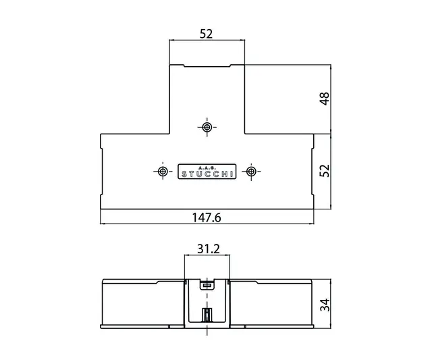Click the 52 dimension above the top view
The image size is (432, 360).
click(207, 34)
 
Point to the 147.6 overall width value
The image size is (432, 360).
click(208, 218)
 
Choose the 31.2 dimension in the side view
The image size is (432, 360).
click(207, 249)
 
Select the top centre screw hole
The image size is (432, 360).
click(207, 126)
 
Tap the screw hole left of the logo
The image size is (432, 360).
click(163, 172)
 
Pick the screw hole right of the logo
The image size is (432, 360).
click(251, 172)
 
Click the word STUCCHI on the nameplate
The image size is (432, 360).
click(207, 174)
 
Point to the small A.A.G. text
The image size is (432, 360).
click(207, 167)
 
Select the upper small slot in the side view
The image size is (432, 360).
click(207, 286)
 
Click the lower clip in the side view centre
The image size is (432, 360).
click(207, 315)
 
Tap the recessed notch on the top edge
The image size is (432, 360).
click(207, 66)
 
